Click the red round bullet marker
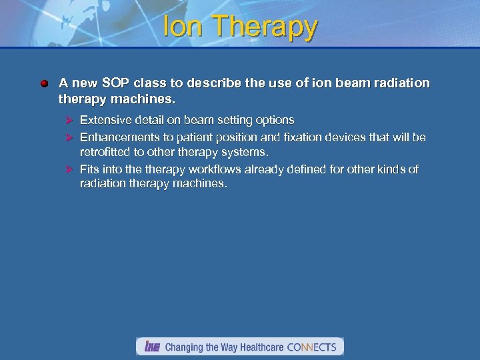coord(44,84)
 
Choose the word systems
coord(246,152)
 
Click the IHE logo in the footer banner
coord(152,347)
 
